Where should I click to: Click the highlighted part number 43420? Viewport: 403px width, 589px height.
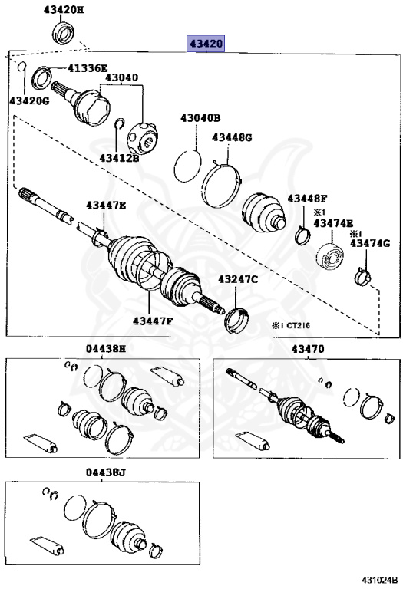[206, 44]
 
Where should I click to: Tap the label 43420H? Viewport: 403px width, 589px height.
[64, 9]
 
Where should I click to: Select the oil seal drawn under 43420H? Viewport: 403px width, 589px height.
[62, 33]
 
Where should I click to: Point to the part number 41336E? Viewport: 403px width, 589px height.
[88, 68]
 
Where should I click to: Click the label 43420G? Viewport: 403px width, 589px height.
[29, 100]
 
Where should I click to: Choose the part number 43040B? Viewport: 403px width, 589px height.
[200, 118]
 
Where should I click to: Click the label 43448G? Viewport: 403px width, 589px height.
[232, 137]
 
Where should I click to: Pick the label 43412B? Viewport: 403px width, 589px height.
[119, 158]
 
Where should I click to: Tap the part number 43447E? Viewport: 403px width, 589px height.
[106, 205]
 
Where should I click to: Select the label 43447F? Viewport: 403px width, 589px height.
[153, 321]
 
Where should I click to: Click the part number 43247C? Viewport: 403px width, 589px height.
[238, 279]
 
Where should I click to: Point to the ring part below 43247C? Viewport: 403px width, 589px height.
[237, 321]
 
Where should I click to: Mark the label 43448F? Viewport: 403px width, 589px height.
[308, 199]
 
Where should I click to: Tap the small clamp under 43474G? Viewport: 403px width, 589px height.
[362, 277]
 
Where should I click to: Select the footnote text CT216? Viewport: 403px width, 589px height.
[299, 325]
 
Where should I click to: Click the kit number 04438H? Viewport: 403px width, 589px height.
[106, 349]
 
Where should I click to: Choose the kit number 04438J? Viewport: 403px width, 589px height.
[106, 472]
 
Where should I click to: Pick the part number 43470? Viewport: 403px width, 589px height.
[308, 349]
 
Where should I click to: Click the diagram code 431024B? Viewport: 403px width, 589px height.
[380, 579]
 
